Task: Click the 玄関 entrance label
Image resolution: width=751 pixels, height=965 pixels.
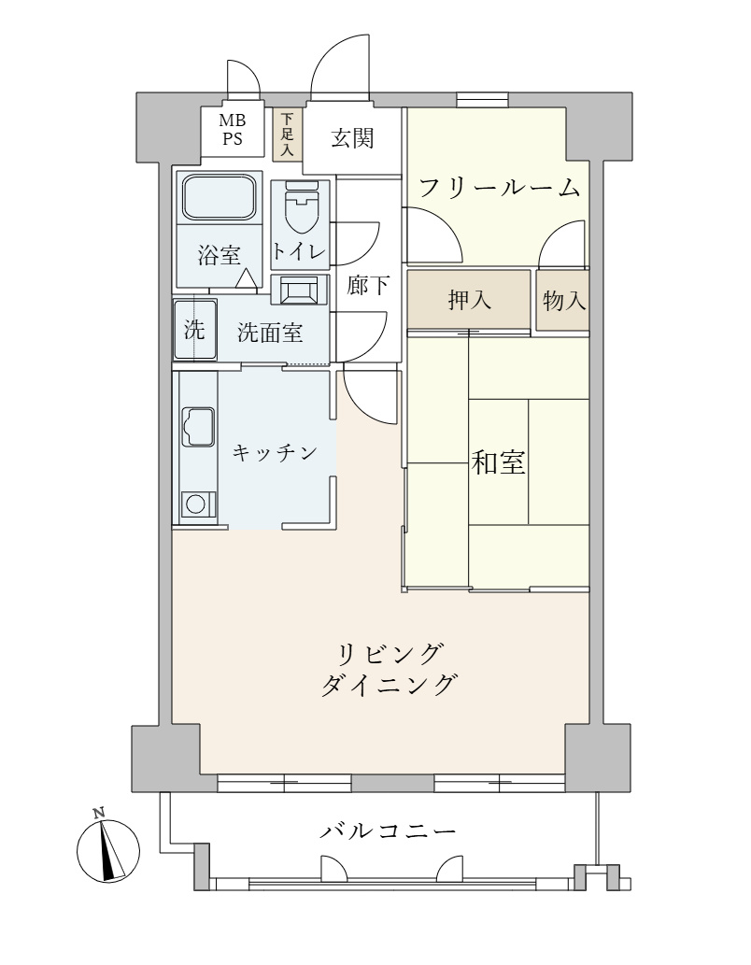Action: tap(352, 139)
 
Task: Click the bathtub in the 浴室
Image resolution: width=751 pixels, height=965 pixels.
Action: tap(218, 197)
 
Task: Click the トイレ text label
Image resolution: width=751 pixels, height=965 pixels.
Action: tap(298, 251)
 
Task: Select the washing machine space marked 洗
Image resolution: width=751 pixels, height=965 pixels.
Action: tap(194, 329)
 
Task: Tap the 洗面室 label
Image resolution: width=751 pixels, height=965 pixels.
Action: tap(269, 332)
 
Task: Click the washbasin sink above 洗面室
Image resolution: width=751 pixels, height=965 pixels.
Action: tap(300, 290)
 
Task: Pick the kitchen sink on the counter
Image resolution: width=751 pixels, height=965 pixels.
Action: tap(197, 426)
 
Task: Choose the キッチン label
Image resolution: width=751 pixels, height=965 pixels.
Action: tap(270, 453)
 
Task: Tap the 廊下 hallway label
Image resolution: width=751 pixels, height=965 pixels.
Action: tap(368, 287)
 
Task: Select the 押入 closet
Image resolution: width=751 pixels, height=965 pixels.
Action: tap(470, 300)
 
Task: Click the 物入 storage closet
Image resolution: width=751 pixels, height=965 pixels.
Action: tap(563, 301)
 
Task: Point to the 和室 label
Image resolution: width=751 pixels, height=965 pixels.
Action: tap(497, 462)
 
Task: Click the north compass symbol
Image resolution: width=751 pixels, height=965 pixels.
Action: tap(106, 847)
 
